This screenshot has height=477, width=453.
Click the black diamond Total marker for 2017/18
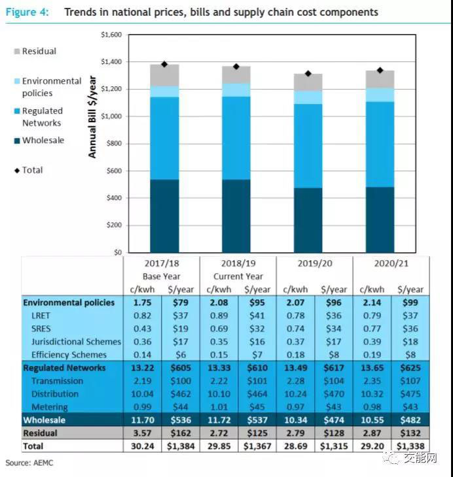click(x=164, y=64)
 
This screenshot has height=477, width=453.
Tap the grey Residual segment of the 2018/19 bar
click(x=236, y=74)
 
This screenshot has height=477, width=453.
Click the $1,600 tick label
click(x=112, y=35)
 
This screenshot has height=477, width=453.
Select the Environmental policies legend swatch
click(x=17, y=81)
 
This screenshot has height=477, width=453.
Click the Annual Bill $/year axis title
click(x=92, y=108)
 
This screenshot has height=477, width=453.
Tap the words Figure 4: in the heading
click(x=27, y=12)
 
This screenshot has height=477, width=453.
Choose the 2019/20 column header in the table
click(x=315, y=263)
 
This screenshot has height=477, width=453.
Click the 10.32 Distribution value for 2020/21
click(x=372, y=394)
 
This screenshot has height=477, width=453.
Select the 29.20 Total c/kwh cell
click(x=372, y=446)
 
